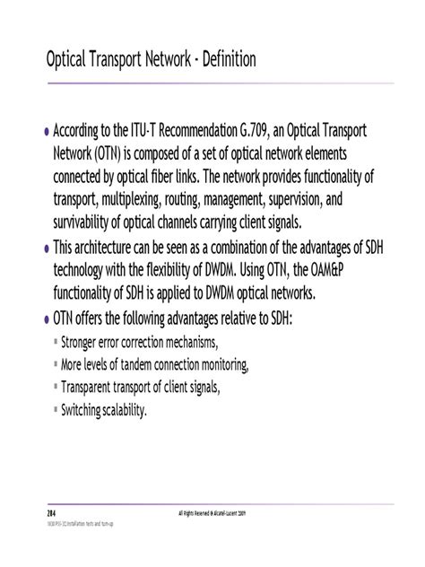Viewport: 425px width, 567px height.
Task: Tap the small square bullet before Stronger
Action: coord(56,342)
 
